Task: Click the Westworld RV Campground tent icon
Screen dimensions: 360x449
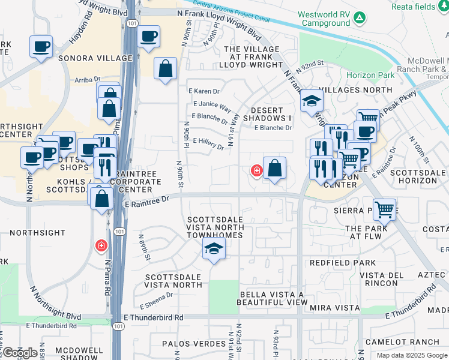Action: point(358,18)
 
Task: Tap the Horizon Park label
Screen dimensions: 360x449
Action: point(370,75)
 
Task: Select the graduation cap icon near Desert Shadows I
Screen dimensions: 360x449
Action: point(312,102)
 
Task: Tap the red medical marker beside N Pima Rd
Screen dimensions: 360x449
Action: point(101,245)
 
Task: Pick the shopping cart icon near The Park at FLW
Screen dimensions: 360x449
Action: point(384,210)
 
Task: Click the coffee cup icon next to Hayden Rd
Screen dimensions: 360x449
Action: point(41,47)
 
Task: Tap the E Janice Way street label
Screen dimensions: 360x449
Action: point(211,106)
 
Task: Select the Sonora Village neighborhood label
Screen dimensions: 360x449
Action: point(95,58)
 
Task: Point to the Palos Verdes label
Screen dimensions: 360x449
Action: point(190,344)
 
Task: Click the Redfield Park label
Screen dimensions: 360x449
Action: point(342,263)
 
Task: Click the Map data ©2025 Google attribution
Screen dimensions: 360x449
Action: point(412,355)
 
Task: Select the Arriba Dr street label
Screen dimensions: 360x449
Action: point(87,79)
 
